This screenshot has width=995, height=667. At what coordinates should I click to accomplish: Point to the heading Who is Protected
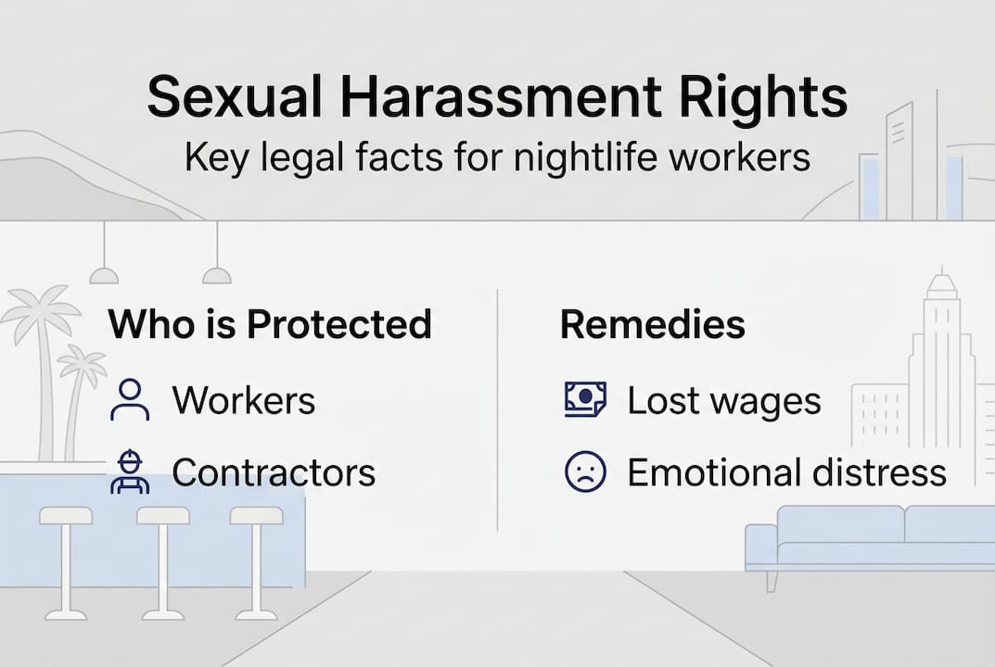(270, 324)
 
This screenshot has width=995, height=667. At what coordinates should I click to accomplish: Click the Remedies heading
(652, 324)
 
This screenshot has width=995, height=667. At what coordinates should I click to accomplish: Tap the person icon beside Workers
(130, 400)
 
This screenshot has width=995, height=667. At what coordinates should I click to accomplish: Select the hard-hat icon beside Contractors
(130, 472)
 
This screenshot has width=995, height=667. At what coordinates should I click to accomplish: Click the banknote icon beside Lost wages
(585, 400)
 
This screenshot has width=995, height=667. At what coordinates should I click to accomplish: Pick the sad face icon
(585, 472)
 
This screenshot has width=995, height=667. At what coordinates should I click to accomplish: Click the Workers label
(243, 400)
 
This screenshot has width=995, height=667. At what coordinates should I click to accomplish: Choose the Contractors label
(274, 472)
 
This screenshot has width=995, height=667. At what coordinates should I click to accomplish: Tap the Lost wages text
(723, 400)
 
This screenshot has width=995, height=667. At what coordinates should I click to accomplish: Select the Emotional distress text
(786, 472)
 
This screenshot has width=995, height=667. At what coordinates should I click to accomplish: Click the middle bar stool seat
(163, 515)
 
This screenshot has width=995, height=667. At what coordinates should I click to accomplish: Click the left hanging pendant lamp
(104, 274)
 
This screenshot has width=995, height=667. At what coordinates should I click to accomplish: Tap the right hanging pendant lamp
(216, 274)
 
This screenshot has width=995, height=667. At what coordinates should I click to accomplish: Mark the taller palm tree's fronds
(39, 310)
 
